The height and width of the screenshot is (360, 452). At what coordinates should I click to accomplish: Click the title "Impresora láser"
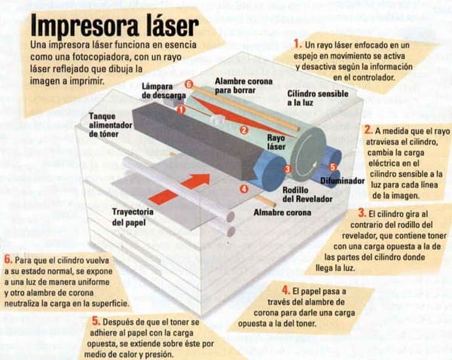[x=115, y=26]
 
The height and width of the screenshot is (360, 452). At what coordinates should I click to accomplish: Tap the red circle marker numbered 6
[x=188, y=84]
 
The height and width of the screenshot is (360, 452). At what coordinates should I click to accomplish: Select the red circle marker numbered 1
[x=181, y=109]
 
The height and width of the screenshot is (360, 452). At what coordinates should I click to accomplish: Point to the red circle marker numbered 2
[x=244, y=130]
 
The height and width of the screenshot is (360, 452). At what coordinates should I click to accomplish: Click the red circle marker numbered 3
[x=288, y=169]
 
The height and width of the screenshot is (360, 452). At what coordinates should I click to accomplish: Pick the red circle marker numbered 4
[x=244, y=189]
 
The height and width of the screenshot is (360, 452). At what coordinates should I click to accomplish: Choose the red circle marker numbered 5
[x=333, y=167]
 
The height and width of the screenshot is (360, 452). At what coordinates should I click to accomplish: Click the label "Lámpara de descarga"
[x=163, y=91]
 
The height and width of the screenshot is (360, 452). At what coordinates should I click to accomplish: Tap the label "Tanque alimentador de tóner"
[x=111, y=125]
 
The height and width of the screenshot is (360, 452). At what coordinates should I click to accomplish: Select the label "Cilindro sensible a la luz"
[x=318, y=98]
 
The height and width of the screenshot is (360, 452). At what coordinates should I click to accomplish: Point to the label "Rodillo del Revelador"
[x=307, y=194]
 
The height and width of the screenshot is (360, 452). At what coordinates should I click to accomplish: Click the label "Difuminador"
[x=343, y=181]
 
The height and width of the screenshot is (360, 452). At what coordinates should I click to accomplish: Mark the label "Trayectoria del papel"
[x=133, y=217]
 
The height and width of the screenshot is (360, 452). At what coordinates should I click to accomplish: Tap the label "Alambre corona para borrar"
[x=243, y=86]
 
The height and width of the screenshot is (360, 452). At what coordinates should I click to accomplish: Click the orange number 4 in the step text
[x=286, y=290]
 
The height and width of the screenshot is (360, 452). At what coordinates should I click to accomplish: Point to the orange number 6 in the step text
[x=8, y=259]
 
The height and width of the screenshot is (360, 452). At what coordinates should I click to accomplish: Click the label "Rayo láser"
[x=276, y=142]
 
